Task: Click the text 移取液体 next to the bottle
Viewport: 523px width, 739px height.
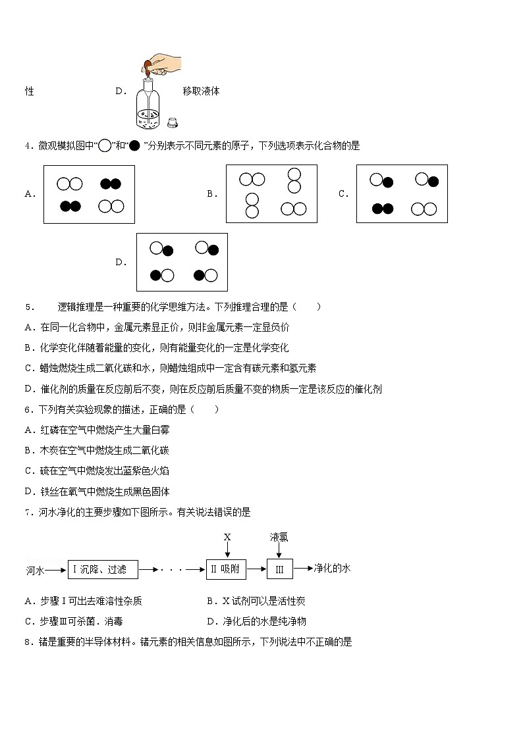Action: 201,91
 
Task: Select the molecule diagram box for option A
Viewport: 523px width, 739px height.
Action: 89,194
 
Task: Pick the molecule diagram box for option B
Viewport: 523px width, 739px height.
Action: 271,193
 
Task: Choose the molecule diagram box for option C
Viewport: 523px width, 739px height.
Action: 402,193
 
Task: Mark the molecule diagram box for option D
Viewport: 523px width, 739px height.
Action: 182,262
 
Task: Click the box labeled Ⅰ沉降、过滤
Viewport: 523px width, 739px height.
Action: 103,569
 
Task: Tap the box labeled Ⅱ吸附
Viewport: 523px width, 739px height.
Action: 226,569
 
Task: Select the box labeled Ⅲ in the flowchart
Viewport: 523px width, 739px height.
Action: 279,569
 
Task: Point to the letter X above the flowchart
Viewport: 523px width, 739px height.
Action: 227,537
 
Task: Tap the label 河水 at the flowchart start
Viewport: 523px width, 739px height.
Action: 35,570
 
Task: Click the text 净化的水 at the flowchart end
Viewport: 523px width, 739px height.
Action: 332,569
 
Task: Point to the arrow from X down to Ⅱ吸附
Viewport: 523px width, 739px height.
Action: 227,551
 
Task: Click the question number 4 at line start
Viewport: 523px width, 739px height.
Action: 27,146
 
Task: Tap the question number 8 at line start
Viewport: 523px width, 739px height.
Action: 27,642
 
